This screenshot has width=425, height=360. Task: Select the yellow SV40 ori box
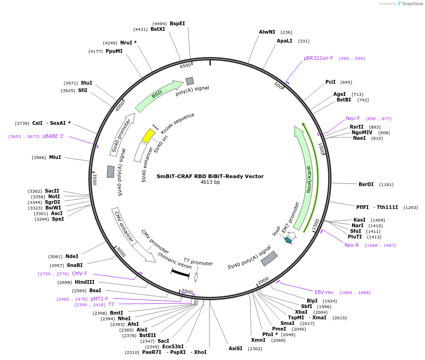[x=149, y=136]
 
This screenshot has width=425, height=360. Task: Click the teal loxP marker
[x=288, y=240]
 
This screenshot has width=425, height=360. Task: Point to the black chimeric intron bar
[x=180, y=274]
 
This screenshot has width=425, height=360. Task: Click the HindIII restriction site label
[x=85, y=282]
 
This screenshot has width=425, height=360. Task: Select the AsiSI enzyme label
[x=235, y=348]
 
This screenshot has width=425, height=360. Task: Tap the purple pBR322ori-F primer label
[x=318, y=58]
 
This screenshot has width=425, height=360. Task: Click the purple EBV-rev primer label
[x=324, y=292]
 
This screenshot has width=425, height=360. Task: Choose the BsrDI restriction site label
[x=366, y=184]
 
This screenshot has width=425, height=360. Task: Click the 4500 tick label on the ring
[x=186, y=65]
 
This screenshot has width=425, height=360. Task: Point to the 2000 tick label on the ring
[x=263, y=281]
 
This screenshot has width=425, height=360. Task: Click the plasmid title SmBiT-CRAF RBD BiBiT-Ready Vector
[x=210, y=176]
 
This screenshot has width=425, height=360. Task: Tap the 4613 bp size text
[x=210, y=182]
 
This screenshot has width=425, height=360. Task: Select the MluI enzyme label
[x=55, y=157]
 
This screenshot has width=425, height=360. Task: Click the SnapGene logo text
[x=412, y=4]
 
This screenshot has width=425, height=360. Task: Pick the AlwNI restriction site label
[x=267, y=32]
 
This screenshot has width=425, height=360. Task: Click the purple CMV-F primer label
[x=79, y=274]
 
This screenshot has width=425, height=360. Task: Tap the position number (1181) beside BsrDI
[x=386, y=185]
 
